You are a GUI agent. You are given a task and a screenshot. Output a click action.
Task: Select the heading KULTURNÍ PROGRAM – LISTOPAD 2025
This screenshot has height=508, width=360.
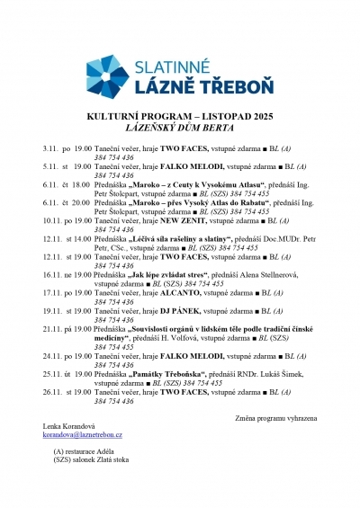point(179,117)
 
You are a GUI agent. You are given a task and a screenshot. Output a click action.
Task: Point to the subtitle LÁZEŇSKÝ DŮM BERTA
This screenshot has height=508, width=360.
point(179,129)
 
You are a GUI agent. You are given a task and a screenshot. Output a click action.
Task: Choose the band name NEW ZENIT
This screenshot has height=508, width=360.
point(182,219)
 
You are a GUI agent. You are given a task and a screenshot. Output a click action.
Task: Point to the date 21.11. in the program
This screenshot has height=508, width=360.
point(52,330)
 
